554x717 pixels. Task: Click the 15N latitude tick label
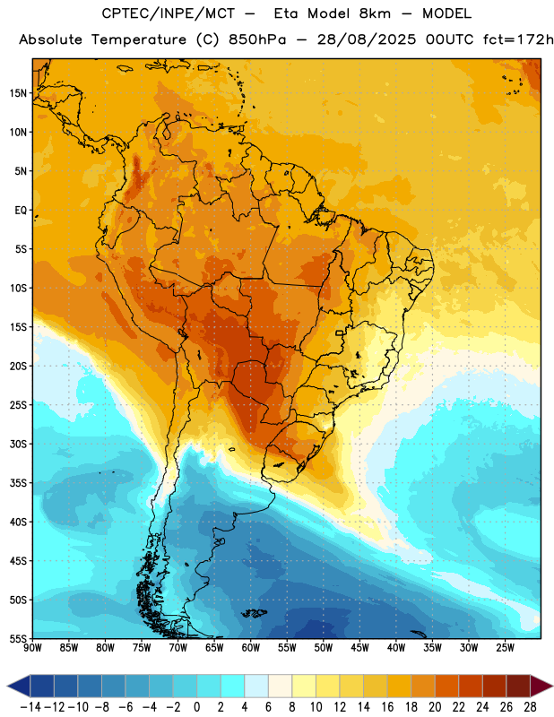pos(18,93)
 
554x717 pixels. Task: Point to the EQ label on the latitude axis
pos(21,211)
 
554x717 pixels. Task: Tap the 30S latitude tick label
pos(18,444)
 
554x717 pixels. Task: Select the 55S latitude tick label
pos(18,638)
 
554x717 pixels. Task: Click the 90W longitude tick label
pos(32,648)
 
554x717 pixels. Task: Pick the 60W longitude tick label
pos(251,648)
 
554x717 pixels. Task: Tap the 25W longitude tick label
pos(505,648)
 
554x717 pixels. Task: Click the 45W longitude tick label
pos(359,648)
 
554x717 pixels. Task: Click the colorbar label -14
pos(30,707)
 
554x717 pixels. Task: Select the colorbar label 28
pos(530,707)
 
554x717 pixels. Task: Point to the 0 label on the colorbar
pos(196,707)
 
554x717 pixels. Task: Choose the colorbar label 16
pos(387,707)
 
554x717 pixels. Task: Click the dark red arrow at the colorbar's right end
pos(541,686)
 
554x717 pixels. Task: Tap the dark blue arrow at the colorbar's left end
pos(19,686)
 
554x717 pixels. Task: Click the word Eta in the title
pos(286,13)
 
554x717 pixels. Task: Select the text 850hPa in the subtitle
pos(257,39)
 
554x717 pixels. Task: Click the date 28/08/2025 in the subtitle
pos(367,39)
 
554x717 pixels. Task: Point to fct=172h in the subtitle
pos(518,39)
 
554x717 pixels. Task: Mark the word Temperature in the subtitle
pos(139,39)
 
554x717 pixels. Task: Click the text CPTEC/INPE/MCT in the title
pos(169,13)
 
